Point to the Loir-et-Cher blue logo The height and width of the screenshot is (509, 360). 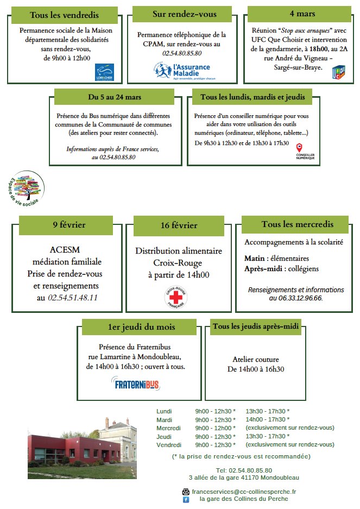coord(105,71)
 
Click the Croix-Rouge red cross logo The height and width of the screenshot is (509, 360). coord(175,298)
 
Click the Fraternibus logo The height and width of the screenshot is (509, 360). coord(137,385)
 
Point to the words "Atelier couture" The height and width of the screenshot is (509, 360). coord(255,360)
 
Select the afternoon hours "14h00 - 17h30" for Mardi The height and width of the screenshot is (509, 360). coord(267,419)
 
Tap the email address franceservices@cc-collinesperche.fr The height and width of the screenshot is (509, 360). coord(243,491)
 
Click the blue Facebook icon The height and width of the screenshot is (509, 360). coord(186,499)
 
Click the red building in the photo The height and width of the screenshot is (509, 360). coord(60,448)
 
